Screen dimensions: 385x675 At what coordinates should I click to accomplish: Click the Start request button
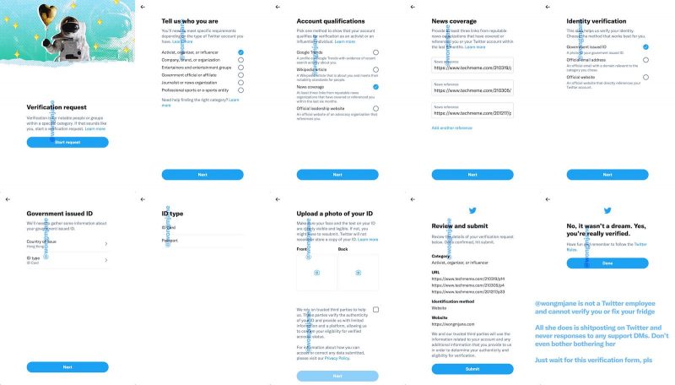(x=67, y=143)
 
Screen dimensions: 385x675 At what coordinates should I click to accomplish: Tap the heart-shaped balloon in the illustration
(x=48, y=12)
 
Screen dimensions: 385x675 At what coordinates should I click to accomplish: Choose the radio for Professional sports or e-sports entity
(x=240, y=89)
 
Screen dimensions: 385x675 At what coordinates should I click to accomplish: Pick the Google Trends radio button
(x=375, y=52)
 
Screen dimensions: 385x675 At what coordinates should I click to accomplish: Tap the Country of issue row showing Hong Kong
(x=67, y=244)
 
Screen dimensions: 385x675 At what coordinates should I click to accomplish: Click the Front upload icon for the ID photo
(x=317, y=273)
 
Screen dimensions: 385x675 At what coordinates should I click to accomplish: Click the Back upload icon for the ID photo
(x=358, y=273)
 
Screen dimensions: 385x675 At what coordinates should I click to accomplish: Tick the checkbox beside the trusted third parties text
(x=375, y=310)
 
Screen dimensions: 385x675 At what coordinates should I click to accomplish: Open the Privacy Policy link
(x=337, y=358)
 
